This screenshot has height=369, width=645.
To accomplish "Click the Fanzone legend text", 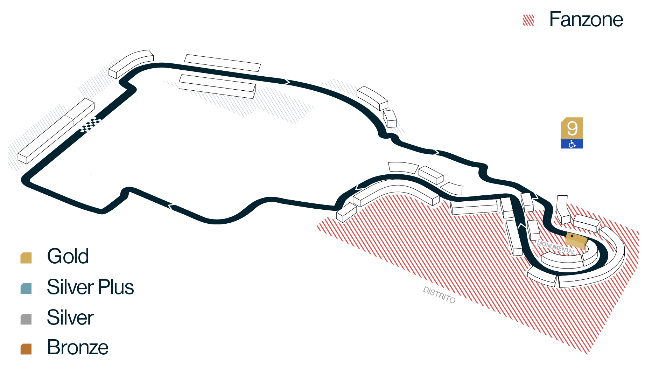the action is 586,20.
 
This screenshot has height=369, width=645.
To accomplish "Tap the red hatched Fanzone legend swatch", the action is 528,20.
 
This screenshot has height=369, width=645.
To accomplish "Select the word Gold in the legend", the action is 68,256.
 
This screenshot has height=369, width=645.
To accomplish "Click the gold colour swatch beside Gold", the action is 26,258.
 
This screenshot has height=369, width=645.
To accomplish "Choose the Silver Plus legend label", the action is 90,287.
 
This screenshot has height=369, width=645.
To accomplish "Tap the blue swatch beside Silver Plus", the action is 26,288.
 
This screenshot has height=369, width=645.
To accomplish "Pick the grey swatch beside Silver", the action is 26,319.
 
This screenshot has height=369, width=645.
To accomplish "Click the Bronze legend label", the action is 78,348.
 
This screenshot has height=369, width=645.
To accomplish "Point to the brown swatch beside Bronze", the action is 26,349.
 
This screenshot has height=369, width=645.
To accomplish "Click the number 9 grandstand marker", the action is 572,128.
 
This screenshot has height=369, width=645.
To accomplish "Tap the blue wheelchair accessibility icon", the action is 572,144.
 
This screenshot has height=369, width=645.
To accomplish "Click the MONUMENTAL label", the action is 556,247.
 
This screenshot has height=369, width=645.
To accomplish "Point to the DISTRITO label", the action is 439,295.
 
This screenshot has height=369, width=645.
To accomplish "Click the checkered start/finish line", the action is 91,125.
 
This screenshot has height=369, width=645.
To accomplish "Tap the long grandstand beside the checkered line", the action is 56,131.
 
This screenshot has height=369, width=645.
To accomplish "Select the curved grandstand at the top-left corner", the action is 131,64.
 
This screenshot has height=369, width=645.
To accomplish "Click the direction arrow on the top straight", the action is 287,82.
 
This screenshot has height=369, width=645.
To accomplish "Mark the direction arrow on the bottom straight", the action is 171,207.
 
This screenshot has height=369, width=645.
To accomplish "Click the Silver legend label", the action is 70,318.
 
